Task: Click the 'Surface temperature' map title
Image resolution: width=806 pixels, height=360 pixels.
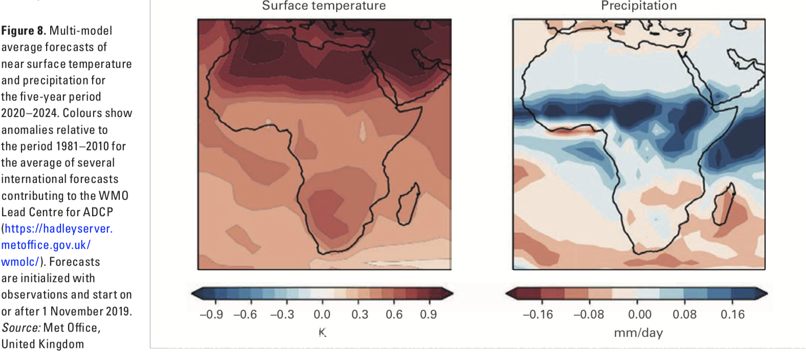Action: [x=324, y=6]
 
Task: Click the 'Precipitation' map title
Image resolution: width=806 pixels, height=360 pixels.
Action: [x=639, y=6]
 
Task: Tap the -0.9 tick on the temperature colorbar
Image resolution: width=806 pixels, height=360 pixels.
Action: [x=211, y=314]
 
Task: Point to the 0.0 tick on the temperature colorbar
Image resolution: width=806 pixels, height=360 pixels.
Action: [x=322, y=314]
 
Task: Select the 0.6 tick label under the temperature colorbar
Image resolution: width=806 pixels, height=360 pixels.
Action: [x=394, y=314]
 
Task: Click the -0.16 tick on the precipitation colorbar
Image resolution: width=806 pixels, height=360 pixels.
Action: [x=538, y=314]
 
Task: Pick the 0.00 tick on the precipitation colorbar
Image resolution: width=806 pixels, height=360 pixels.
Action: [x=639, y=314]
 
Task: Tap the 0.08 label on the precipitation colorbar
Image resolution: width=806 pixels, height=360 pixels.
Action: [x=684, y=314]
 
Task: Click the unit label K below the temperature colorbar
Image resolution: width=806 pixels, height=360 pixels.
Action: [x=322, y=332]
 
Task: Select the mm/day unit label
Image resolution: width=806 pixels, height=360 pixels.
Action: [x=638, y=333]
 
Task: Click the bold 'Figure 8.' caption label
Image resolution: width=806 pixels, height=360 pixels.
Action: [x=24, y=31]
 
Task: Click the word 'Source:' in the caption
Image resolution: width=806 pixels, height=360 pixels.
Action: [x=21, y=328]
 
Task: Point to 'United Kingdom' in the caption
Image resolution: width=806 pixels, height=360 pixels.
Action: [x=42, y=344]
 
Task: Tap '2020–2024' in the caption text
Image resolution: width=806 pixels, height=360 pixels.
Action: [x=28, y=113]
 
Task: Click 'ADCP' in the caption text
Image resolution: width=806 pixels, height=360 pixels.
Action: [x=98, y=212]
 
